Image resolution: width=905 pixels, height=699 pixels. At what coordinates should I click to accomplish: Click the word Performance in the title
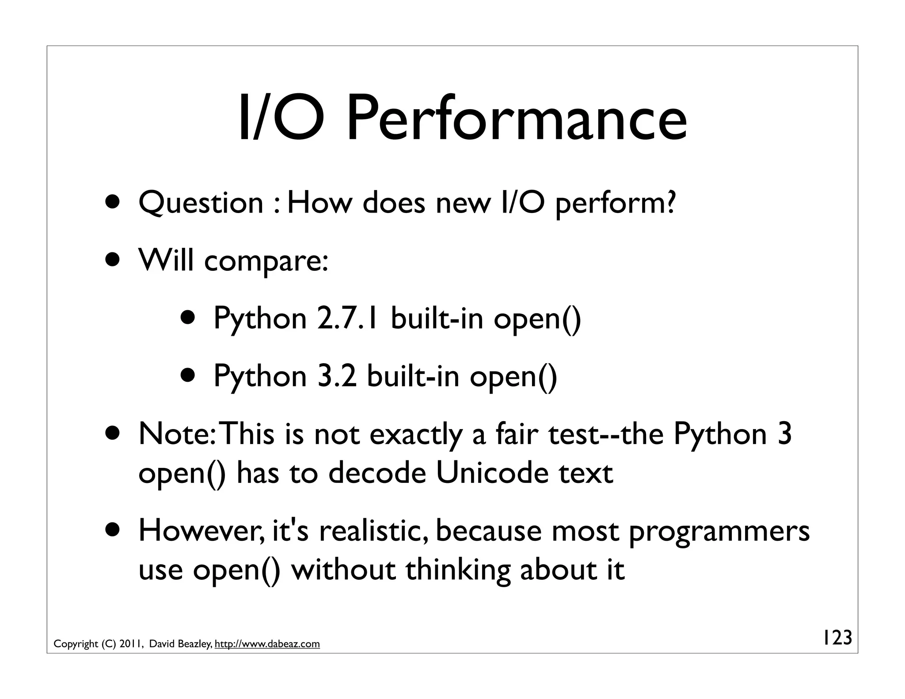[x=516, y=119]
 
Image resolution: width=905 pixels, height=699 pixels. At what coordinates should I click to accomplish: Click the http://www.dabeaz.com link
[x=267, y=644]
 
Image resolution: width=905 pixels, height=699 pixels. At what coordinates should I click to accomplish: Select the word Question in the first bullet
[x=201, y=204]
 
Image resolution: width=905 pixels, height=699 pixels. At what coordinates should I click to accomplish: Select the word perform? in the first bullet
[x=615, y=204]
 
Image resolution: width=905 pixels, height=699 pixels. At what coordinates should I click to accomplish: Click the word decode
[x=377, y=473]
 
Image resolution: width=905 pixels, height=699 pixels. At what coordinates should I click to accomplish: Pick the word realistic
[x=375, y=531]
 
